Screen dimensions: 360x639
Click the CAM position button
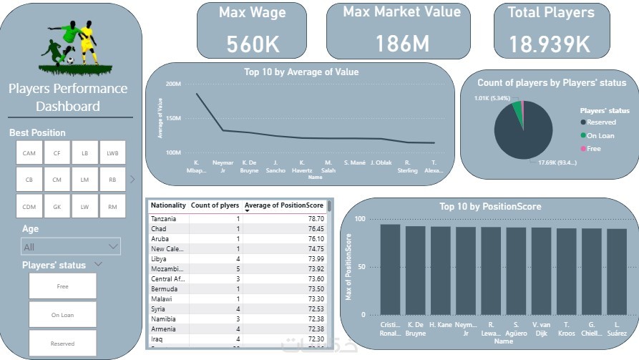[29, 152]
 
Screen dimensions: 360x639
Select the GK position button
[57, 206]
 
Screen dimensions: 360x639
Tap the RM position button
[112, 206]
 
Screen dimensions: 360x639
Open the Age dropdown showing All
[71, 247]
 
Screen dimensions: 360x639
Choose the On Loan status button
[62, 314]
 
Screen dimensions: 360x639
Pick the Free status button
[62, 286]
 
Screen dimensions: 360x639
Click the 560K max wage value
[253, 44]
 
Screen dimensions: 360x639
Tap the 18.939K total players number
[550, 44]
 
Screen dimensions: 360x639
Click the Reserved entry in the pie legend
[601, 122]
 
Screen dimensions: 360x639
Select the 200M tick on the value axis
[173, 84]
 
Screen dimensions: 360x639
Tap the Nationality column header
[169, 205]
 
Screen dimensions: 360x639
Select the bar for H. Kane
[440, 271]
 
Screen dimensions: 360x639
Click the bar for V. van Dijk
[540, 271]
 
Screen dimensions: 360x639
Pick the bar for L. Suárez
[615, 272]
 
